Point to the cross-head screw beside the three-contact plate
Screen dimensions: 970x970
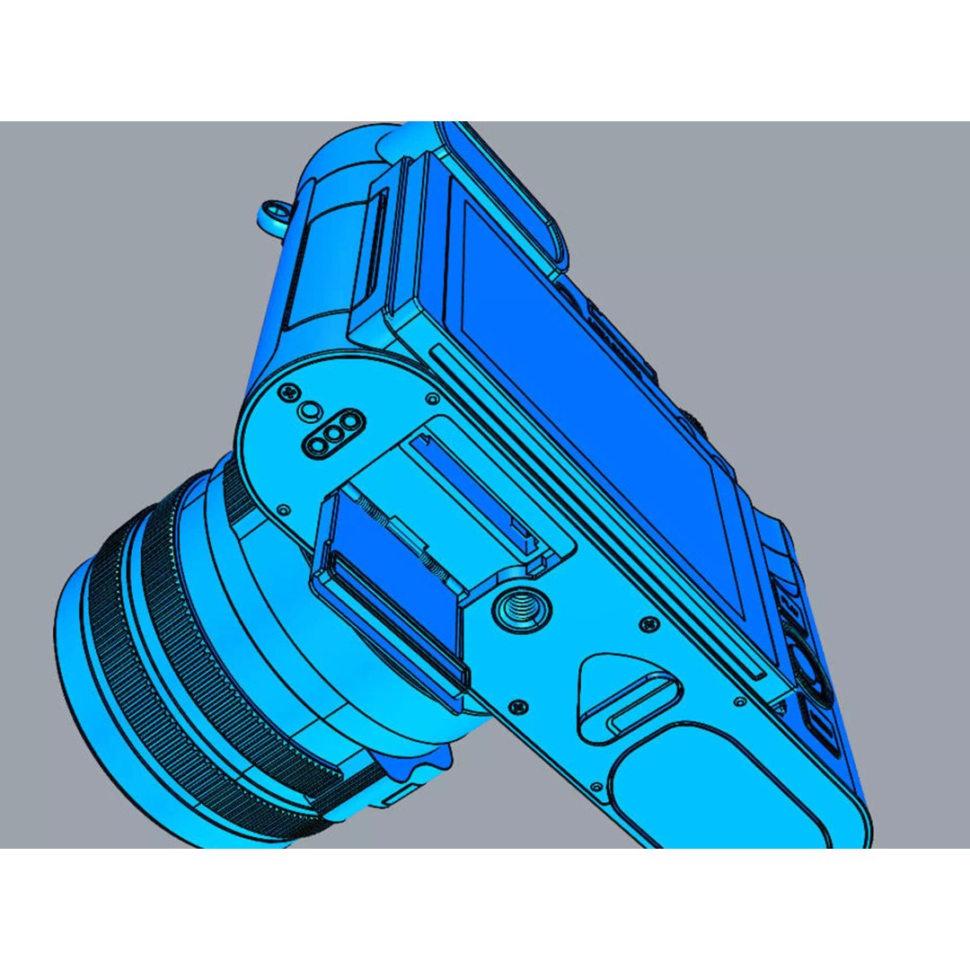click(x=290, y=392)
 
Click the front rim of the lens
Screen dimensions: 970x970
click(x=99, y=683)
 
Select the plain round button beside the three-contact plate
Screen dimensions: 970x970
click(x=310, y=410)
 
